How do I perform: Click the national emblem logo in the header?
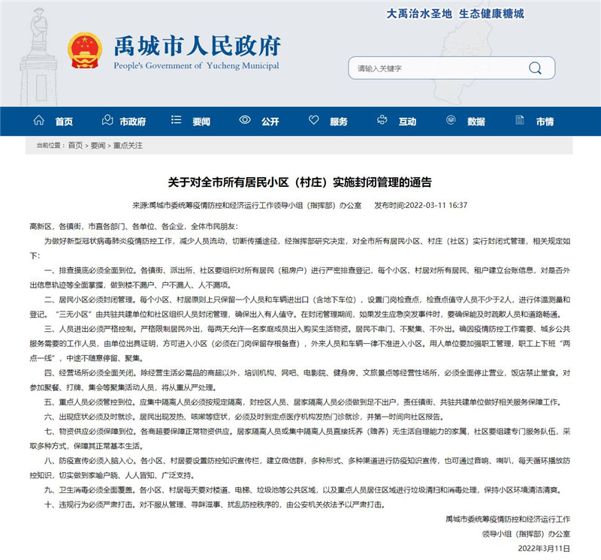[x=82, y=52]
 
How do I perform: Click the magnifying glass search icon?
[x=535, y=68]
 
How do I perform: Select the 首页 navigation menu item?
[x=64, y=122]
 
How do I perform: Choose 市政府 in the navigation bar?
[x=132, y=122]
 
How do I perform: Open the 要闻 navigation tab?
[x=201, y=122]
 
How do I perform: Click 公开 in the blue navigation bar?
[x=270, y=122]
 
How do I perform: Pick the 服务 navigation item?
[x=339, y=122]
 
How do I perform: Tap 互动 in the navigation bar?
[x=407, y=122]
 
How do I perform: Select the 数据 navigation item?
[x=476, y=122]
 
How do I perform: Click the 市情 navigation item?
[x=544, y=122]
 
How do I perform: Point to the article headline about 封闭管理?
[x=300, y=182]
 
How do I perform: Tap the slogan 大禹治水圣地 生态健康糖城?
[x=455, y=14]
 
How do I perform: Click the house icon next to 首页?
[x=39, y=121]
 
